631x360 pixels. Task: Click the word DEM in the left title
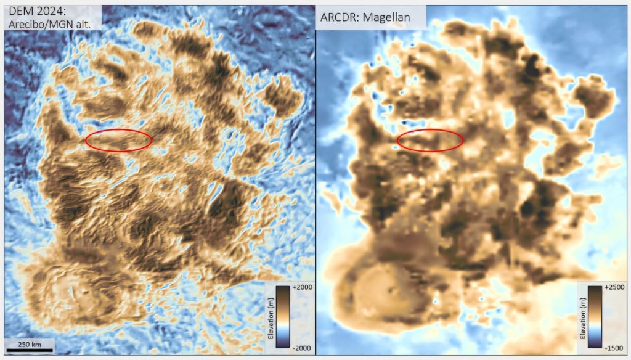(19, 11)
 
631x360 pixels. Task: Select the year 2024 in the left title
(51, 11)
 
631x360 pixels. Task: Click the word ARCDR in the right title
(339, 17)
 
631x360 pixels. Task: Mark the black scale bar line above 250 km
(30, 350)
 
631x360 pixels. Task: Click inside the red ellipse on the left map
(118, 141)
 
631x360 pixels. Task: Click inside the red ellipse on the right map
(430, 141)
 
